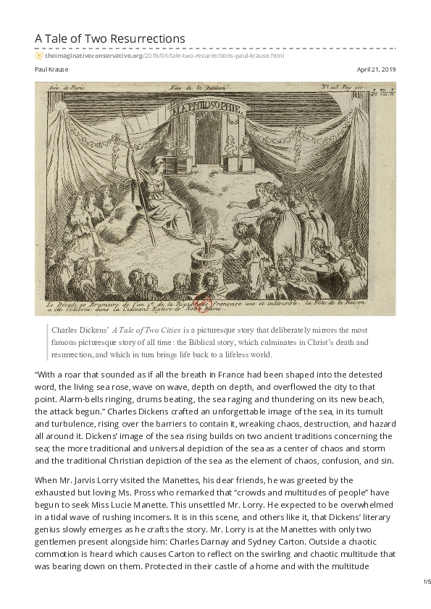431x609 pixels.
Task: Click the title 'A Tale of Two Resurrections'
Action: point(109,39)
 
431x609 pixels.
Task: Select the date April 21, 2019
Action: point(377,69)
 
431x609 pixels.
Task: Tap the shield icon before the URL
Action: point(38,55)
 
